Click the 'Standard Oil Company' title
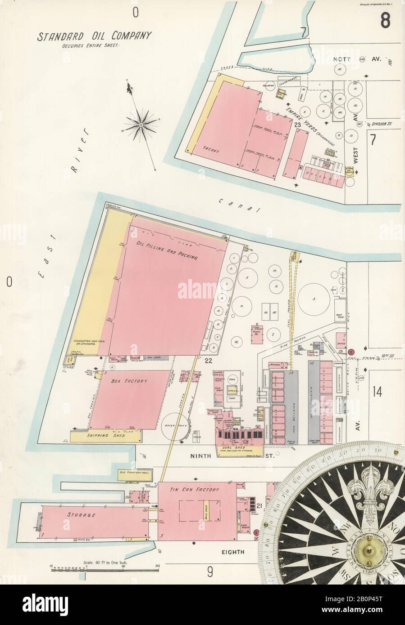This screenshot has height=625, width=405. coord(94,36)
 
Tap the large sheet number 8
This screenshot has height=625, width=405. coord(385,20)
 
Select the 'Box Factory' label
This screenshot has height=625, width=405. coord(129,380)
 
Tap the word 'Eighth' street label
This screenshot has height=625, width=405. coord(232,552)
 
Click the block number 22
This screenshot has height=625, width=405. coord(208,360)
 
